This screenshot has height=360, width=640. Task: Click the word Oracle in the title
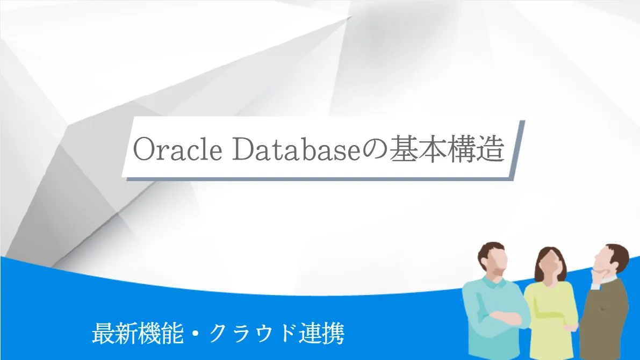pyautogui.click(x=177, y=149)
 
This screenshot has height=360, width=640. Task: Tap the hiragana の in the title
pyautogui.click(x=375, y=150)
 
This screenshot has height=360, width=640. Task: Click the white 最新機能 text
pyautogui.click(x=138, y=334)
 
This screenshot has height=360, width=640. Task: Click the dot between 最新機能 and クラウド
pyautogui.click(x=196, y=334)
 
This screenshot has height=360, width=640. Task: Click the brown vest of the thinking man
pyautogui.click(x=604, y=319)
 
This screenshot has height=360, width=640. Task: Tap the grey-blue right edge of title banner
pyautogui.click(x=519, y=150)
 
